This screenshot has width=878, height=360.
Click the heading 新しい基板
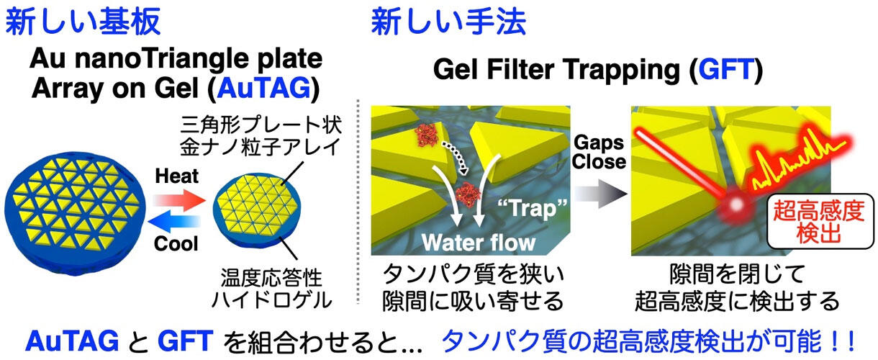point(83,21)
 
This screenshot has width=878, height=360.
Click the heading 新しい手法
point(448,21)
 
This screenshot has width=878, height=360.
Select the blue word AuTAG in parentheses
point(264,89)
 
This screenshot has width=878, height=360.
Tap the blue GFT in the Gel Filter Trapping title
point(726,69)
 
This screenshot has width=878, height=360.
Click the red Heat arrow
point(179,200)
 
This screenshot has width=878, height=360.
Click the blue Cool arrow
point(174,222)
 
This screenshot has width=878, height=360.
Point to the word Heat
point(177,176)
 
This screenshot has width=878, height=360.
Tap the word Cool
point(176,243)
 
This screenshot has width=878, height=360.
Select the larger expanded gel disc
point(75,213)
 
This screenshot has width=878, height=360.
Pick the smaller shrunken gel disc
point(257,212)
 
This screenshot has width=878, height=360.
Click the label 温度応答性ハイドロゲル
point(271,289)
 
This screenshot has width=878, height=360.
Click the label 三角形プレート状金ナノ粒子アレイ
point(261,135)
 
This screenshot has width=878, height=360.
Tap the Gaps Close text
point(599,152)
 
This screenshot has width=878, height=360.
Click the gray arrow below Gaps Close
point(601,194)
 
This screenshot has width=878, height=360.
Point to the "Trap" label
point(533,208)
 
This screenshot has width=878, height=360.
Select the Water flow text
point(479,243)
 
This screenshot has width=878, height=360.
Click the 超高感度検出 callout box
point(820,221)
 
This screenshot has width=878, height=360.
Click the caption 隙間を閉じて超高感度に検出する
point(737,288)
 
